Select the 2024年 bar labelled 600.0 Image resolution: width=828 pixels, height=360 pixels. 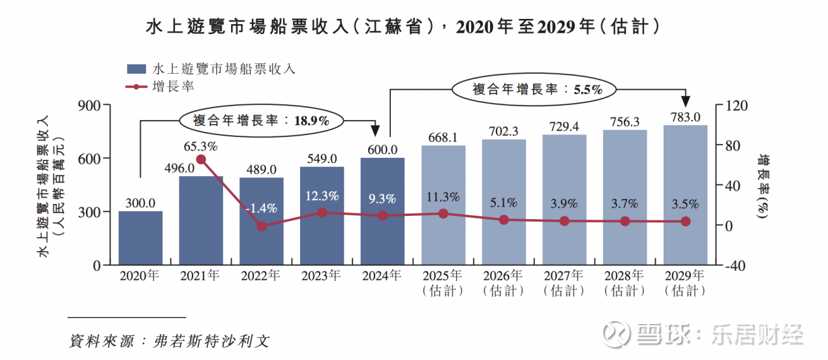pos(382,211)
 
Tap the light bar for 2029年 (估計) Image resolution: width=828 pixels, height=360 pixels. pos(685,195)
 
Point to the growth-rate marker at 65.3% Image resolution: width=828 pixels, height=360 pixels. pos(201,159)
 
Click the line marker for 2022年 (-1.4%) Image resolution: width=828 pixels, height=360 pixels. pos(262,226)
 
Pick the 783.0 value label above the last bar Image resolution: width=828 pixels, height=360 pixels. pos(685,117)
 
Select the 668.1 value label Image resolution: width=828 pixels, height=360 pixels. pos(443,138)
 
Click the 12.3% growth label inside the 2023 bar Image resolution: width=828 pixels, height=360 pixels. pos(322,195)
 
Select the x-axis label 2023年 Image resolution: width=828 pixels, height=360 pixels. pos(322,276)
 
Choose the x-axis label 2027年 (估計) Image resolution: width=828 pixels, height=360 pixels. pos(564,282)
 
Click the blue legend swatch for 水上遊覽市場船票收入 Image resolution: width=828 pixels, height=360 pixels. pos(135,68)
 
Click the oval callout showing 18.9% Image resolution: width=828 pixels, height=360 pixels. pos(261,120)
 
